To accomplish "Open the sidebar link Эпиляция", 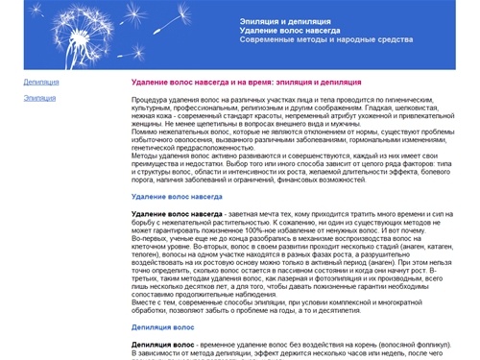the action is point(39,98).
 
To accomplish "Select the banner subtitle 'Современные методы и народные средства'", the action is point(326,40).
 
